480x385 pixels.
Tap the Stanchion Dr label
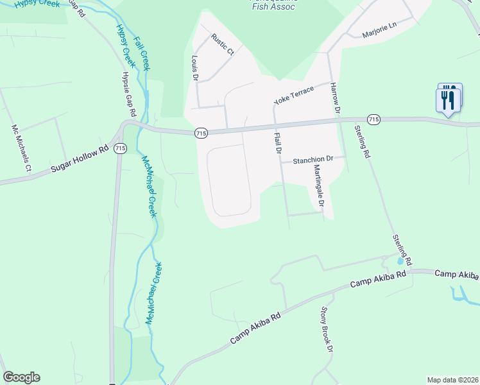pos(314,159)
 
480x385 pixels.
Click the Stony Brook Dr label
pos(327,329)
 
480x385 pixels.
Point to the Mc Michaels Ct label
pos(21,150)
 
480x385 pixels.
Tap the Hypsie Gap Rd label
pos(129,94)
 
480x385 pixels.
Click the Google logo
pos(21,377)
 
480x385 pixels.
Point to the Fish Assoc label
pos(273,6)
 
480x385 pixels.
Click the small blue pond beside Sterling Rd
pos(400,262)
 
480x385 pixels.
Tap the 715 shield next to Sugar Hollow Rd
pos(119,148)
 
